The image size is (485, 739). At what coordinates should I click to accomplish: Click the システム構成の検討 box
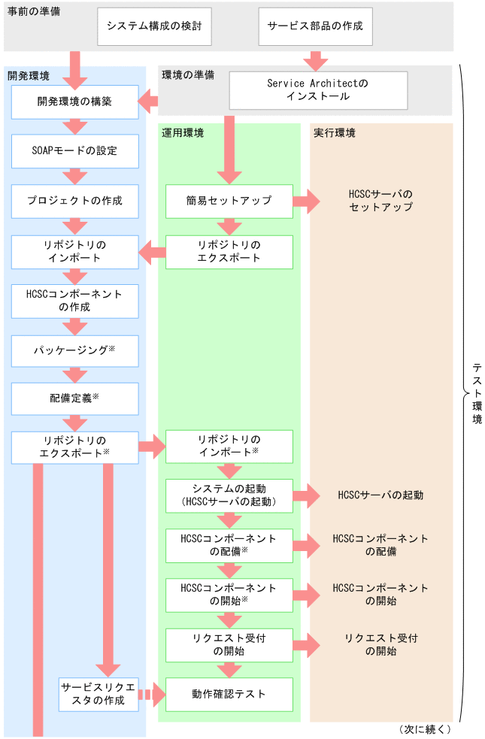click(x=154, y=26)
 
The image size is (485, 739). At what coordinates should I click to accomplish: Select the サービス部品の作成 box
click(x=315, y=26)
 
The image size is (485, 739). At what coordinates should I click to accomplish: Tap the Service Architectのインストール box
click(x=318, y=90)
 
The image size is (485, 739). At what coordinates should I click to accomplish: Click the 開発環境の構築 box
click(x=74, y=101)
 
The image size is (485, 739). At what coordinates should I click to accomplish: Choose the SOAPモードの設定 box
click(x=74, y=151)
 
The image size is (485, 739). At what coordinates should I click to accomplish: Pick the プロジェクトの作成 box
click(x=74, y=201)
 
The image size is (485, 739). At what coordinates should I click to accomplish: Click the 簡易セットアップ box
click(x=229, y=201)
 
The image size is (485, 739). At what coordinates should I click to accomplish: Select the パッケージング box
click(x=74, y=350)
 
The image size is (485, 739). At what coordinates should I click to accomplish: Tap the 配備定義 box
click(x=74, y=398)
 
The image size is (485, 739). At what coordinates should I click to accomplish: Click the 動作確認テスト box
click(x=229, y=694)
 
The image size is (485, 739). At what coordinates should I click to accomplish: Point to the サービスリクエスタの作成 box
click(x=99, y=694)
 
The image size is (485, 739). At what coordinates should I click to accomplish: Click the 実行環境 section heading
click(x=335, y=133)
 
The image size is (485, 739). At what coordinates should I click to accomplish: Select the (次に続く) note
click(x=425, y=729)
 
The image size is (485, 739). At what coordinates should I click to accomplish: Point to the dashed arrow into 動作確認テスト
click(x=152, y=694)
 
